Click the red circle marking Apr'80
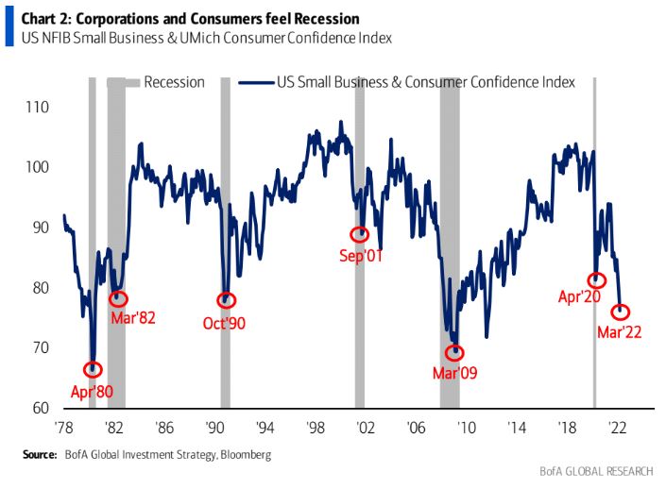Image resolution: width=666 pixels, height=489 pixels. click(92, 369)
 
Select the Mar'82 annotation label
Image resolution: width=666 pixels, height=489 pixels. click(133, 317)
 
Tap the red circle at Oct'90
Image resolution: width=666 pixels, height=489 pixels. click(226, 300)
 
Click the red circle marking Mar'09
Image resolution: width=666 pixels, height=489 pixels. click(454, 353)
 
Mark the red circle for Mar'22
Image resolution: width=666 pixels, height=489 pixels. click(621, 312)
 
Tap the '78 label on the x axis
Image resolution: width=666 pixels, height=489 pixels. click(65, 426)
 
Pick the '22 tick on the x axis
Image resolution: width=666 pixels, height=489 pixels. click(620, 426)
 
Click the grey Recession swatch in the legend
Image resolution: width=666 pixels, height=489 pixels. click(122, 82)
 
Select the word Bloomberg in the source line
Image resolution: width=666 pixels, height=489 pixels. click(243, 456)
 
